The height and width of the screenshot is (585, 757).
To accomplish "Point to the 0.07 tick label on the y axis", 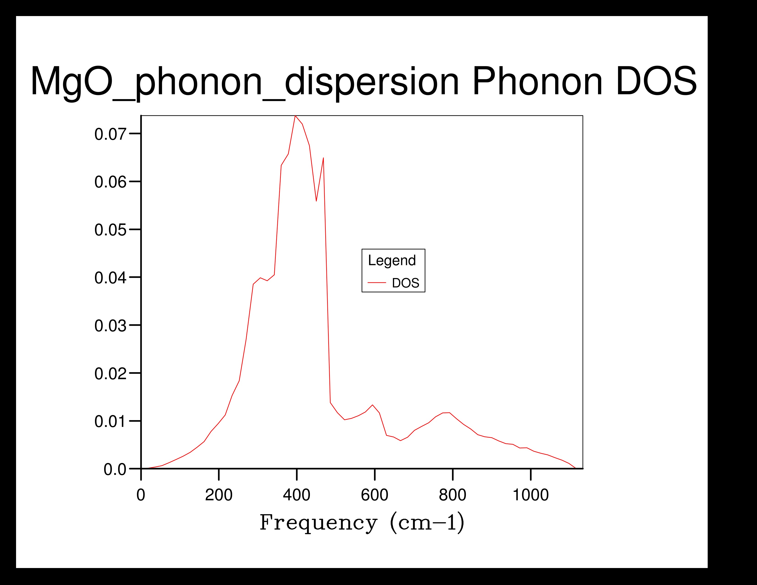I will pyautogui.click(x=110, y=134).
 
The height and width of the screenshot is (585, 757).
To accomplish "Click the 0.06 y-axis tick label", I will pyautogui.click(x=110, y=182).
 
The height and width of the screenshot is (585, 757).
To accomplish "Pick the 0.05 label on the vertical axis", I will pyautogui.click(x=110, y=230).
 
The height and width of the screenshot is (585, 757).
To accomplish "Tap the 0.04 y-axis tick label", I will pyautogui.click(x=110, y=278).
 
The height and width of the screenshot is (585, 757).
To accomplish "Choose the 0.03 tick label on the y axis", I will pyautogui.click(x=110, y=326).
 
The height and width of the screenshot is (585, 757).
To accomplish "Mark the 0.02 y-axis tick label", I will pyautogui.click(x=110, y=373).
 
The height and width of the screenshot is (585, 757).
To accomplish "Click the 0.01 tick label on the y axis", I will pyautogui.click(x=110, y=421).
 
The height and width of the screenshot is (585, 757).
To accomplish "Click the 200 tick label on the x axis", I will pyautogui.click(x=219, y=495).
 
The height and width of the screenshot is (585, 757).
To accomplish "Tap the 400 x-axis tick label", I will pyautogui.click(x=297, y=495).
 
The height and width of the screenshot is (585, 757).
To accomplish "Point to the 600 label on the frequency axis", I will pyautogui.click(x=375, y=495).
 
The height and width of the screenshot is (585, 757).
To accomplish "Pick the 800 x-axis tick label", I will pyautogui.click(x=453, y=495).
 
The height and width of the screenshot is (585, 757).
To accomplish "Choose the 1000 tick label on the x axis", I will pyautogui.click(x=531, y=495).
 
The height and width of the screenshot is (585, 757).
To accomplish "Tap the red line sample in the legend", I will pyautogui.click(x=377, y=283).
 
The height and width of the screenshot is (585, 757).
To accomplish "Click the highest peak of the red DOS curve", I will pyautogui.click(x=295, y=116).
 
